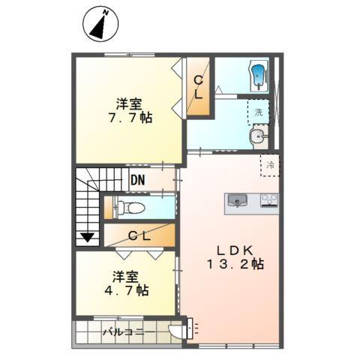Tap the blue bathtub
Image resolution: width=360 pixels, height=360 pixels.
(259, 75)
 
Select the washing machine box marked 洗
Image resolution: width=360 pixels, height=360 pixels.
(258, 112)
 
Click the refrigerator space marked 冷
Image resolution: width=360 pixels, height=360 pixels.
(270, 165)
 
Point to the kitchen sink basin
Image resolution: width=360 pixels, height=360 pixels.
(237, 200)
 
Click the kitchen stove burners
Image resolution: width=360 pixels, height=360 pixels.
(269, 200)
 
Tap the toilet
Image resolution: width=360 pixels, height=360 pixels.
(130, 208)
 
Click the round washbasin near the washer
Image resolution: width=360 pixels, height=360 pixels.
(258, 136)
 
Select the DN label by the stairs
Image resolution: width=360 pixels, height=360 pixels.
(138, 180)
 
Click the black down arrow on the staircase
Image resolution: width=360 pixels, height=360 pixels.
(88, 237)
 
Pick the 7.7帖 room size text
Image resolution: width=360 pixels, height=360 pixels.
(130, 118)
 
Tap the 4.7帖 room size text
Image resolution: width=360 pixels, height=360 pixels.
(127, 290)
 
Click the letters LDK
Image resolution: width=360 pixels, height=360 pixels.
(235, 250)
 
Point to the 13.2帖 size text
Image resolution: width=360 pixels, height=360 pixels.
(235, 264)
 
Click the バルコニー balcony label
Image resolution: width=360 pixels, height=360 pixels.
(129, 332)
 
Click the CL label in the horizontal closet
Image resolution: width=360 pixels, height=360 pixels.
(139, 235)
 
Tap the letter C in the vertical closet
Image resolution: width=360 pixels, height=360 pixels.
(199, 80)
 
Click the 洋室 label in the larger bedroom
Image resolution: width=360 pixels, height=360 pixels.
(129, 104)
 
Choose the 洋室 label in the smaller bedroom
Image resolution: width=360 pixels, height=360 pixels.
(125, 277)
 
